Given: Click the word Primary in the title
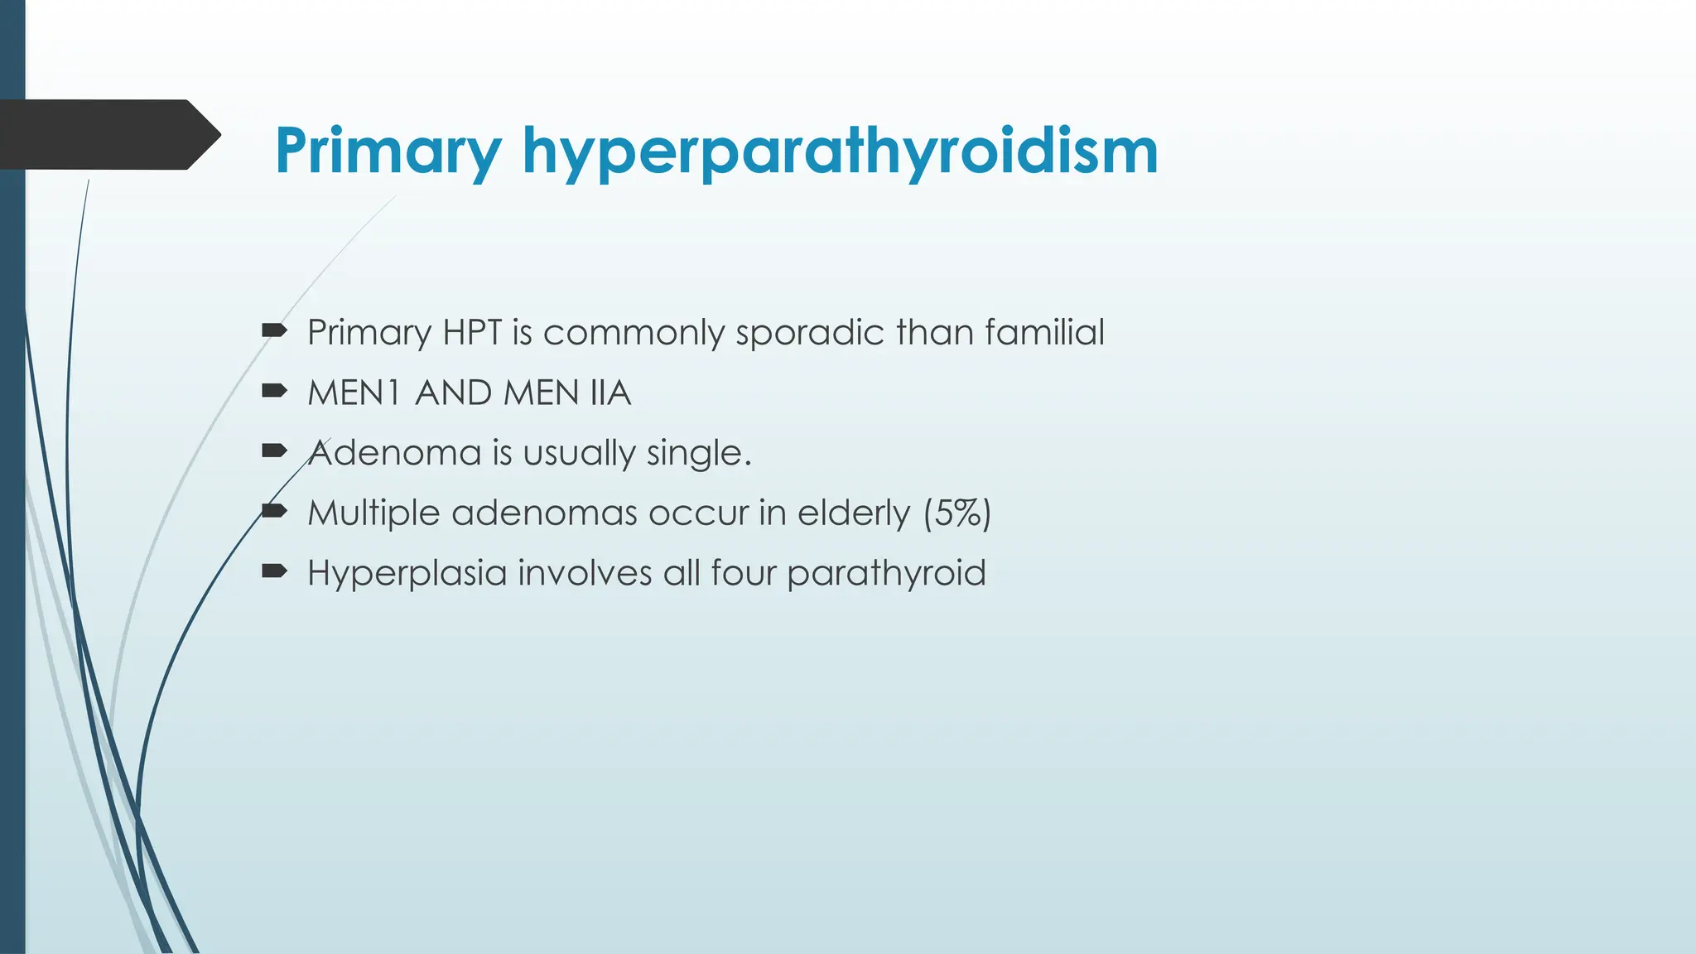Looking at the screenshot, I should tap(388, 151).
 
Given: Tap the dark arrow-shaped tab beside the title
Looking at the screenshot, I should tap(108, 134).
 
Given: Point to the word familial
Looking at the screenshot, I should tap(1044, 333).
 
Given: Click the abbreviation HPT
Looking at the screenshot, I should tap(472, 333).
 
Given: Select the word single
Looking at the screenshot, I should tap(698, 453).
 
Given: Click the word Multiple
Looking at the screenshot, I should tap(373, 513).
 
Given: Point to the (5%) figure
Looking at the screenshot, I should tap(957, 513).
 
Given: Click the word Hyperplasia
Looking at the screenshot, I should tap(407, 573).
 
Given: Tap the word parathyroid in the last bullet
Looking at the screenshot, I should tap(886, 573).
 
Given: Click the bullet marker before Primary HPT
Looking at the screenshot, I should tap(273, 331).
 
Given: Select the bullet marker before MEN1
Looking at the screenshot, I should tap(273, 391).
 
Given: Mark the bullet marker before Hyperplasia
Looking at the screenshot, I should tap(273, 571).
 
